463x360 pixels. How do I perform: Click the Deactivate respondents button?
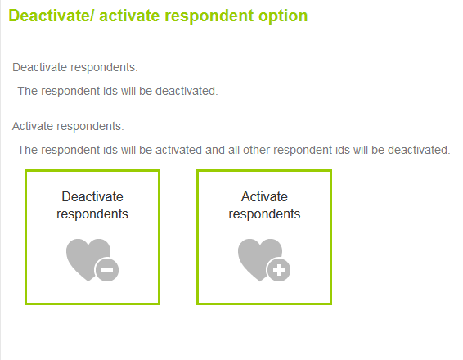point(92,237)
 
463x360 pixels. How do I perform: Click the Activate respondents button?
point(264,237)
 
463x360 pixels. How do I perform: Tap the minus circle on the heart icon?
point(107,270)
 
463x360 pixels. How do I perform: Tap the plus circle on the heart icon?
point(279,270)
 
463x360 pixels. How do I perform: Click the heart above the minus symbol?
point(84,254)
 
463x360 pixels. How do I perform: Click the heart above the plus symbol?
point(256,254)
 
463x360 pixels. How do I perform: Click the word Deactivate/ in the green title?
point(51,16)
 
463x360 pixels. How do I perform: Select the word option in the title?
point(283,16)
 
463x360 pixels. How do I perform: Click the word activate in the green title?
point(129,16)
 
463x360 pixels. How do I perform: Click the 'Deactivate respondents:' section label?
point(75,68)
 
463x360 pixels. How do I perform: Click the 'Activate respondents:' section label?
point(68,126)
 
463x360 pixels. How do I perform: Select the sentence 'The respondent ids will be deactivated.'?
point(118,91)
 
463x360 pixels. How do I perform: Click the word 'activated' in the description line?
point(178,150)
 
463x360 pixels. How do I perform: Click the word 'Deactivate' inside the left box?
point(92,196)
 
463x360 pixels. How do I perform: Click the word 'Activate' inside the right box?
point(264,196)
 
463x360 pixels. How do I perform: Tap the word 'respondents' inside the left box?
point(92,214)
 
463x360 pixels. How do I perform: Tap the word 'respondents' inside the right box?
point(264,214)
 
